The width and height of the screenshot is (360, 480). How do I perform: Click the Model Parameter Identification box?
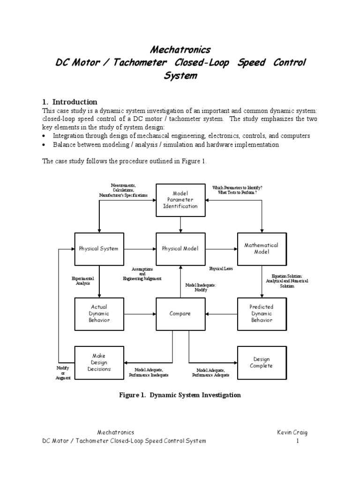pos(180,200)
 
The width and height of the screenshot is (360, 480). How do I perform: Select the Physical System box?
pos(98,248)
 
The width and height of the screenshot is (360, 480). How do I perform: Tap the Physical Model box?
pos(180,248)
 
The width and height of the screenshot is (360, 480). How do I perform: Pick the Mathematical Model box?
pos(261,248)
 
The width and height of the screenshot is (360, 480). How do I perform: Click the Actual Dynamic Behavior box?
pos(98,314)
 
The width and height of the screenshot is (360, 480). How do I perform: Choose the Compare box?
pos(180,314)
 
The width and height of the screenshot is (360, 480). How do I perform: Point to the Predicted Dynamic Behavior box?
pos(261,314)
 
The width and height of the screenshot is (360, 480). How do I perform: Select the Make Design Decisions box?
pos(98,362)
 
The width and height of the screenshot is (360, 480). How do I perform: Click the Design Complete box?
pos(261,362)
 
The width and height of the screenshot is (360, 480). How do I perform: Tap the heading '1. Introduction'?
pos(69,102)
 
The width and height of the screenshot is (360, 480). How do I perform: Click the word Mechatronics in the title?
pos(180,50)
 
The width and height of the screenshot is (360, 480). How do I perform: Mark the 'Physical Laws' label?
pos(221,269)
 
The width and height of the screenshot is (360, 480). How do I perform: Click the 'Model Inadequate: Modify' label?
pos(201,287)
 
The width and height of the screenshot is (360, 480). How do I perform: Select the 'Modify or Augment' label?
pos(63,373)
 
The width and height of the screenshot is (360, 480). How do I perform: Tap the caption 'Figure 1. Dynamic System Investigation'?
pos(180,395)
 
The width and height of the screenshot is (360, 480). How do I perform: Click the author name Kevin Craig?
pos(292,432)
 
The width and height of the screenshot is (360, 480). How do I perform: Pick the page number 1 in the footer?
pos(297,441)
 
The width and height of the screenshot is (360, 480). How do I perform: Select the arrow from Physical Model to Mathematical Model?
pos(220,248)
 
